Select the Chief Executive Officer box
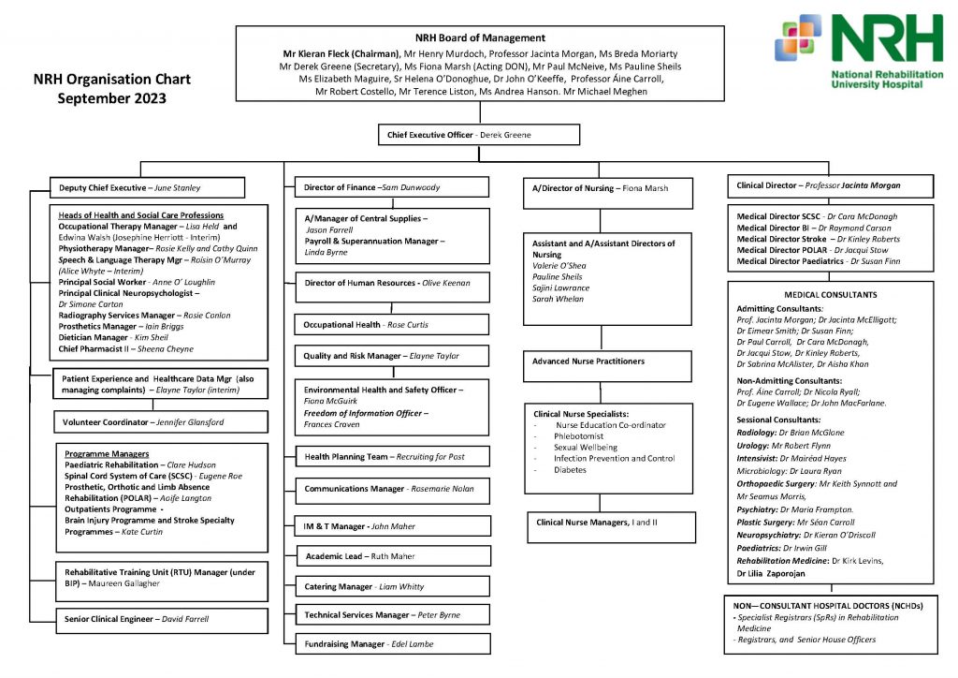[478, 135]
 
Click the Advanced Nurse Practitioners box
[607, 361]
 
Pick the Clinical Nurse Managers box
[607, 522]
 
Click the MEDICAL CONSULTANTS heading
[831, 294]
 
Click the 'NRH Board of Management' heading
[480, 38]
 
